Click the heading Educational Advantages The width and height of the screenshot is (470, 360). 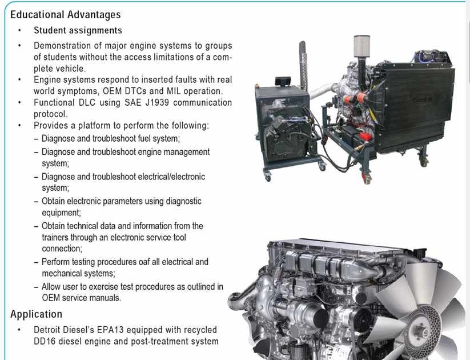pos(65,15)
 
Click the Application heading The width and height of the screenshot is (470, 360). pos(37,314)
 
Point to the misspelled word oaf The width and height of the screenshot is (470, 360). pos(144,262)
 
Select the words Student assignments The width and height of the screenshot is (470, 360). pos(78,30)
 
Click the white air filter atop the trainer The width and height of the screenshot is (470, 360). pos(362,46)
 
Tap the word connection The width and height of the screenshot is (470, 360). pos(62,249)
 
